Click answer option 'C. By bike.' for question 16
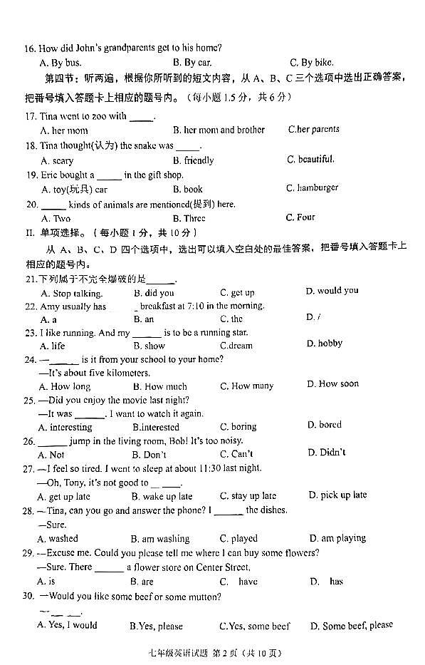tap(311, 63)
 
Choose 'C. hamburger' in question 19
tap(312, 188)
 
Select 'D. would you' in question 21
tap(332, 291)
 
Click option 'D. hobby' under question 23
tap(325, 344)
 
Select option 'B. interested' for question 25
tap(156, 427)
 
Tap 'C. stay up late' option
tap(248, 496)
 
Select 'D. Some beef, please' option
tap(351, 625)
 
